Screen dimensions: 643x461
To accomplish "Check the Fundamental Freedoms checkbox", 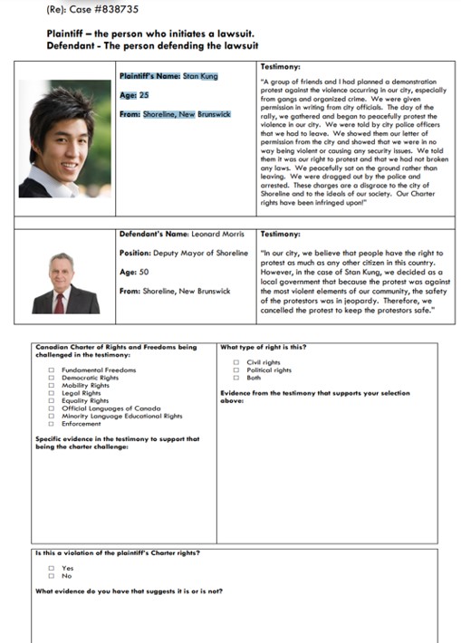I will pos(52,370).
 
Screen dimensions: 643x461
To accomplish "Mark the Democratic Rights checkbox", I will pos(52,378).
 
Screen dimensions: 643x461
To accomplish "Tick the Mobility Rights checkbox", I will pos(52,386).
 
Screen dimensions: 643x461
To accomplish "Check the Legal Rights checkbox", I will pos(52,393).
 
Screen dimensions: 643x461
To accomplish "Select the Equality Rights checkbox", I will pos(52,400).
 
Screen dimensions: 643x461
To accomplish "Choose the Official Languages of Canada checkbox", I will pos(52,408).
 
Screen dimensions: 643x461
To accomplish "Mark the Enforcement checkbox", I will pos(52,423).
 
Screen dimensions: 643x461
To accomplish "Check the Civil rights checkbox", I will pos(236,362).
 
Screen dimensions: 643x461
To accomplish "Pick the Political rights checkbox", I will pos(236,369).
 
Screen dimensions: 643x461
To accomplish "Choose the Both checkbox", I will pos(236,378).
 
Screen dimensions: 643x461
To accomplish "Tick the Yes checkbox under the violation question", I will pos(52,568).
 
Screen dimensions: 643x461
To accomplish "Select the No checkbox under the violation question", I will pos(52,576).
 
